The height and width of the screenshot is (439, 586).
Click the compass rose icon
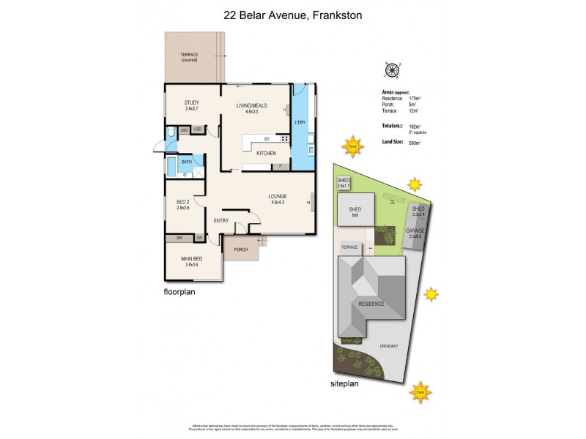[x=391, y=70]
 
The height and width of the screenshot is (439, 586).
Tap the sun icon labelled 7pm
[x=352, y=145]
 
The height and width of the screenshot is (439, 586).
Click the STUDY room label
[x=192, y=102]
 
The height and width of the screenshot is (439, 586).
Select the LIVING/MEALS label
[x=251, y=105]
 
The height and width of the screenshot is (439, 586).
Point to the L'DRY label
[x=300, y=121]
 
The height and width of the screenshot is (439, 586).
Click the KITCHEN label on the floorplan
[x=265, y=153]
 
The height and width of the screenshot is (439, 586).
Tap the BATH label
[x=187, y=162]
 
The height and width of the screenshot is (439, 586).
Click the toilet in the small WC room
[x=170, y=132]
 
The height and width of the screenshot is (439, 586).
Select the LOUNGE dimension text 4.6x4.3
[x=277, y=203]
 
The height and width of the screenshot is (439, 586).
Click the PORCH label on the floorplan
[x=241, y=249]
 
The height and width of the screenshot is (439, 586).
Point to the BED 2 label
[x=183, y=201]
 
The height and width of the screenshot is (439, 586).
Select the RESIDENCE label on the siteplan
[x=371, y=303]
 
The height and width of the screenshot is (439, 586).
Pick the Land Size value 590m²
[x=415, y=143]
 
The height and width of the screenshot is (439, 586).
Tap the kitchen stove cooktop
[x=282, y=138]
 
